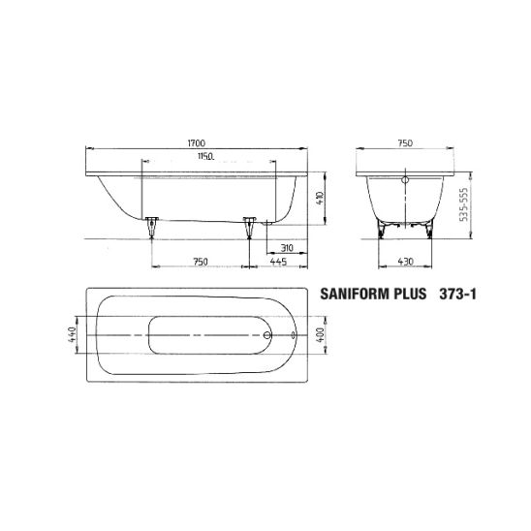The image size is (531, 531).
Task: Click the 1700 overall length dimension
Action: click(x=197, y=143)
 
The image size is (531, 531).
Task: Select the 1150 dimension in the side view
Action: click(x=205, y=156)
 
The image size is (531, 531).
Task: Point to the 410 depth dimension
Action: click(x=321, y=198)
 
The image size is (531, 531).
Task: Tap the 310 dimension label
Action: click(x=287, y=248)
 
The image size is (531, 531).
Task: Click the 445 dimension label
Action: click(x=279, y=262)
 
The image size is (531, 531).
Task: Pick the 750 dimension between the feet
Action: click(x=201, y=262)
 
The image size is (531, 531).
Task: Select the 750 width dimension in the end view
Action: click(x=405, y=143)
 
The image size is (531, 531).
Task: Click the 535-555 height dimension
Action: click(x=463, y=204)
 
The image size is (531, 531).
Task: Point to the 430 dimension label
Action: click(x=405, y=262)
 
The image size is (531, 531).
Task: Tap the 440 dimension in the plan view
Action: click(x=72, y=334)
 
